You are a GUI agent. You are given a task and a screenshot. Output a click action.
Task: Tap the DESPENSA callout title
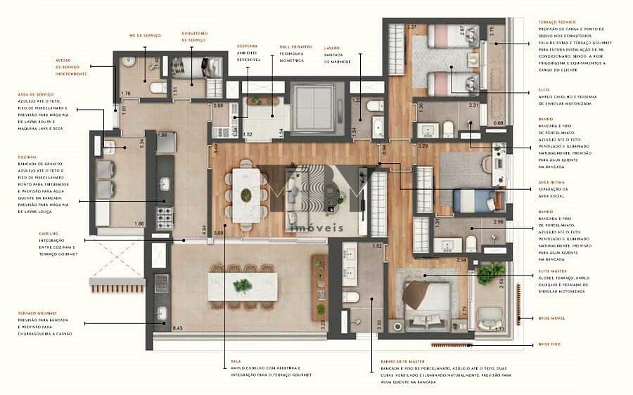point(247,46)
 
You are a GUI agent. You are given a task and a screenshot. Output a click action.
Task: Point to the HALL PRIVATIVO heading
point(288,46)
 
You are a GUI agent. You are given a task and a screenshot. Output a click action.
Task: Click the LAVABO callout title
point(333,46)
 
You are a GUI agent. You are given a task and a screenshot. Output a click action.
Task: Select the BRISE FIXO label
point(549,344)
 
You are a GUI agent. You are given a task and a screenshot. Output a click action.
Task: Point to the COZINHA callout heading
point(28,157)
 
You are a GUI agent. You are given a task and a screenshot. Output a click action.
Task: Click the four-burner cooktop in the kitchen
point(164,212)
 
